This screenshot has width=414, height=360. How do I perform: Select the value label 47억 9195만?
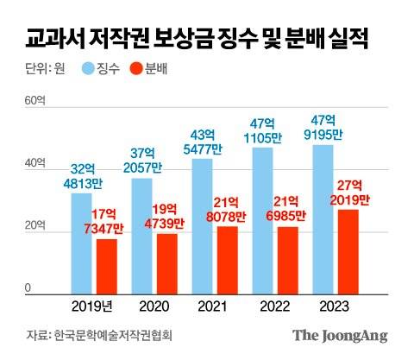pos(323,128)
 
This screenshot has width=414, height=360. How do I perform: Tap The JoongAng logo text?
pos(339,336)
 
